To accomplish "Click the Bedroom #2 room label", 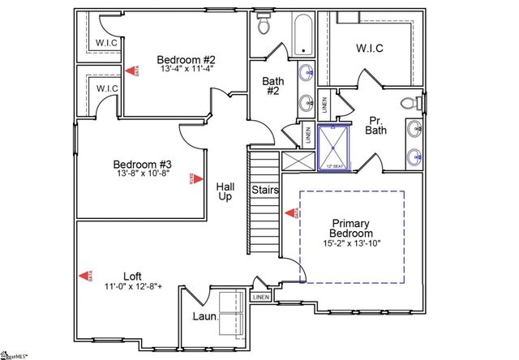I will (185, 59).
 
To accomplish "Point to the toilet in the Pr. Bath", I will (414, 104).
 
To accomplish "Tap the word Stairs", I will (266, 191).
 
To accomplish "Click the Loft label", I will (133, 275).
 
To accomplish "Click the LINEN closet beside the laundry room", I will (260, 298).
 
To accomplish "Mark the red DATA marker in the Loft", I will (84, 276).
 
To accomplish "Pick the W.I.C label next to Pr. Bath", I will (369, 48).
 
